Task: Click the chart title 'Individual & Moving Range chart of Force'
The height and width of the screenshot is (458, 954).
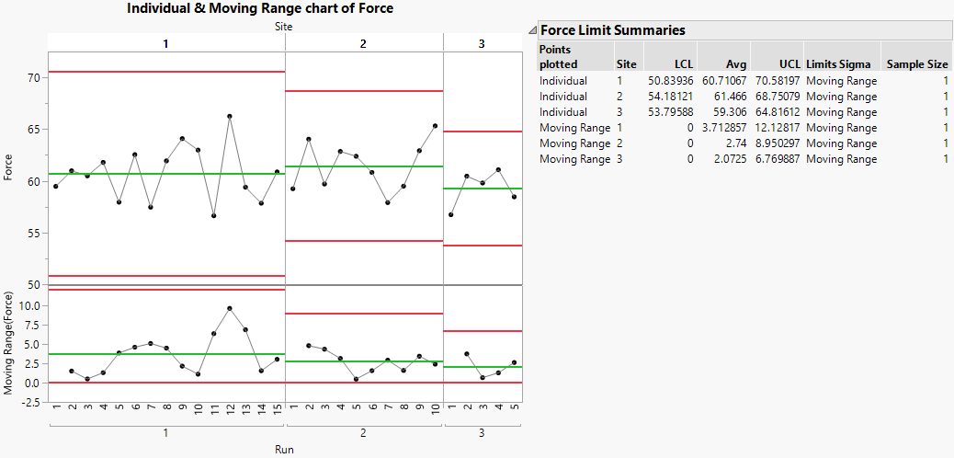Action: (259, 8)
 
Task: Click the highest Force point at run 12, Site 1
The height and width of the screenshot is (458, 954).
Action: (229, 116)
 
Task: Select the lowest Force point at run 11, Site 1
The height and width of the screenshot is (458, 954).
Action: (213, 216)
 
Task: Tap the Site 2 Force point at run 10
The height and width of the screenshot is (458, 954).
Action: (435, 126)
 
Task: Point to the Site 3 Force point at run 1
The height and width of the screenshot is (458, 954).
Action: (450, 215)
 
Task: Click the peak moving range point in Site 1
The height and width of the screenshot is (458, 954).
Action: (229, 308)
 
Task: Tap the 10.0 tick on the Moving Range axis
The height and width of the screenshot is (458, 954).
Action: (28, 305)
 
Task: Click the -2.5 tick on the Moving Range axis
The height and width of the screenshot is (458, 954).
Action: (28, 402)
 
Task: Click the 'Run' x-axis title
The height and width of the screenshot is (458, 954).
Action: (284, 450)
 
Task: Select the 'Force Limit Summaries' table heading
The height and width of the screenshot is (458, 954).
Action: (613, 30)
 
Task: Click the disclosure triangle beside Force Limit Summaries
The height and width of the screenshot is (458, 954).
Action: (532, 31)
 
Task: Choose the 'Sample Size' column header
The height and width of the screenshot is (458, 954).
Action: (916, 65)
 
